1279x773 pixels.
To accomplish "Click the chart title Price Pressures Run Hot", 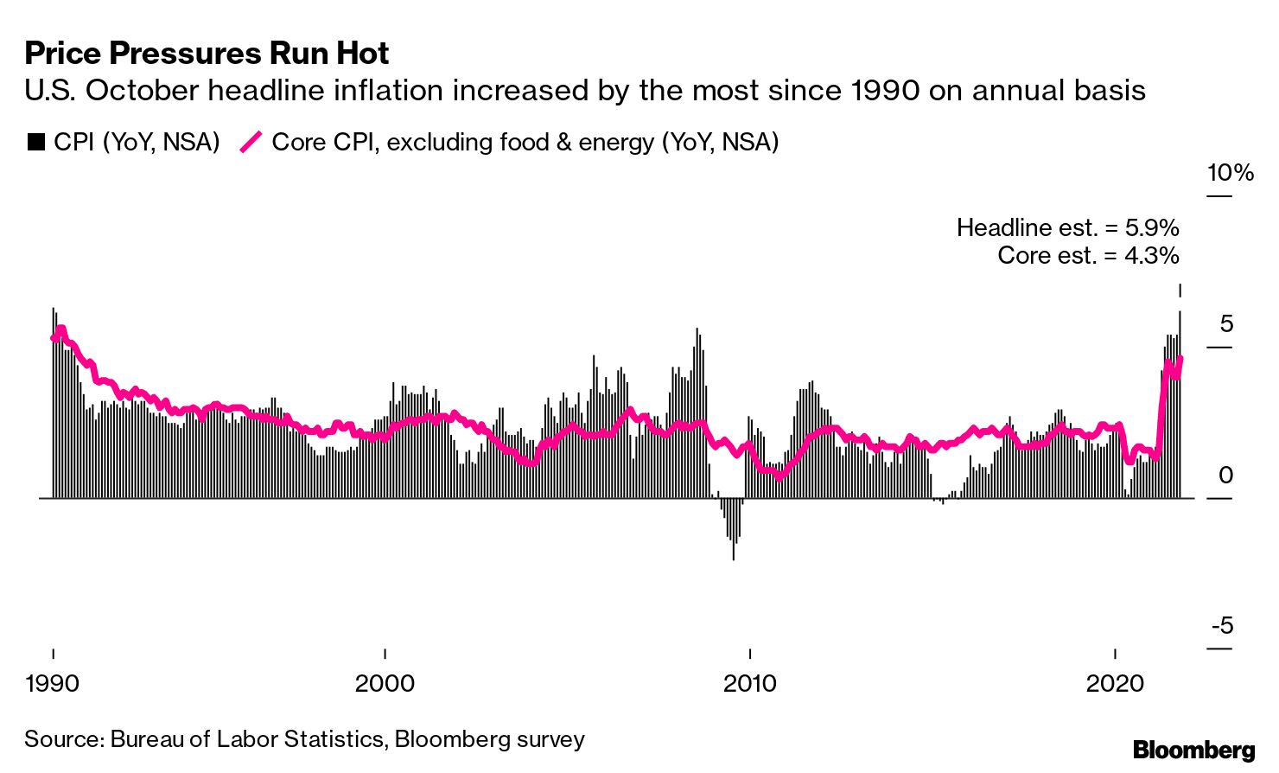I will click(x=207, y=54).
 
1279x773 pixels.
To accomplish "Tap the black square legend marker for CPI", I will click(x=35, y=143).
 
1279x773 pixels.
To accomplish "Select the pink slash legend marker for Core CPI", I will click(x=251, y=143).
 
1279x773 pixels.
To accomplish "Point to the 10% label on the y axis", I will click(x=1230, y=173).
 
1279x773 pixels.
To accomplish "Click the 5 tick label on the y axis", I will click(x=1226, y=324).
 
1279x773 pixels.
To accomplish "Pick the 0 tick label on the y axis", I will click(x=1226, y=476).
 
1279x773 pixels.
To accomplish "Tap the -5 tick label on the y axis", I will click(x=1222, y=626).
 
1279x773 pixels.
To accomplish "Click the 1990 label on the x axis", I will click(x=53, y=683).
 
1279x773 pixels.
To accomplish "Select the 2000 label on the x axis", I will click(x=385, y=683).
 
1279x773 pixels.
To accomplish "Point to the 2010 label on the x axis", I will click(x=750, y=683).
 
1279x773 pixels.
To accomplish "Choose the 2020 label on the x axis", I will click(x=1115, y=683).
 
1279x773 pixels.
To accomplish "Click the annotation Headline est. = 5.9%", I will click(x=1067, y=227).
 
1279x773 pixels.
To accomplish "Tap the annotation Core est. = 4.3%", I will click(x=1088, y=255).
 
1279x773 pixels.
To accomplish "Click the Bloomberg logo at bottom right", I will click(x=1193, y=750).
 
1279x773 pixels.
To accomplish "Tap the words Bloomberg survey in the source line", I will click(x=489, y=740).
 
